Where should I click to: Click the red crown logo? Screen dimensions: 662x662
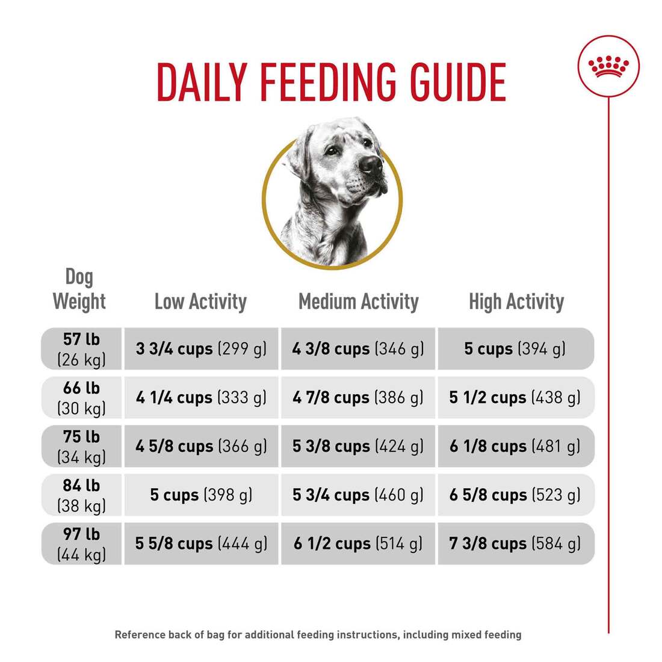pyautogui.click(x=608, y=66)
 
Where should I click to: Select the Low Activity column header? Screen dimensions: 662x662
pyautogui.click(x=200, y=302)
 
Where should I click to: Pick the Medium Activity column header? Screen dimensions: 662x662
pyautogui.click(x=358, y=302)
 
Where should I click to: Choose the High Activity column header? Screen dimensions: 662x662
pyautogui.click(x=516, y=302)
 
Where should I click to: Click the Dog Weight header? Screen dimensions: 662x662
pyautogui.click(x=79, y=289)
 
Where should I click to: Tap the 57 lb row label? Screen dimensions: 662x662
pyautogui.click(x=81, y=349)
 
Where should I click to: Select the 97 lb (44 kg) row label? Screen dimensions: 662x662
pyautogui.click(x=81, y=544)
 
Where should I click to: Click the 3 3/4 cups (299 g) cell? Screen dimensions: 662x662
pyautogui.click(x=201, y=349)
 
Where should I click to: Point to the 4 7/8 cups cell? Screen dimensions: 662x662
pyautogui.click(x=357, y=398)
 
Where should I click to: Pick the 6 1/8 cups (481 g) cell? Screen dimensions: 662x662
pyautogui.click(x=515, y=447)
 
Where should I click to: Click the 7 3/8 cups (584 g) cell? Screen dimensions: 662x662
pyautogui.click(x=515, y=544)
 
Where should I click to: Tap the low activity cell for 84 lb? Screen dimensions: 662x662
pyautogui.click(x=201, y=495)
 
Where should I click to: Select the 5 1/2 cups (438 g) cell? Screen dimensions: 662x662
pyautogui.click(x=515, y=398)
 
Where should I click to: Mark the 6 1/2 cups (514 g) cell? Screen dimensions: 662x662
pyautogui.click(x=357, y=544)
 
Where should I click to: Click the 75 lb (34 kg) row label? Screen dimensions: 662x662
pyautogui.click(x=81, y=447)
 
